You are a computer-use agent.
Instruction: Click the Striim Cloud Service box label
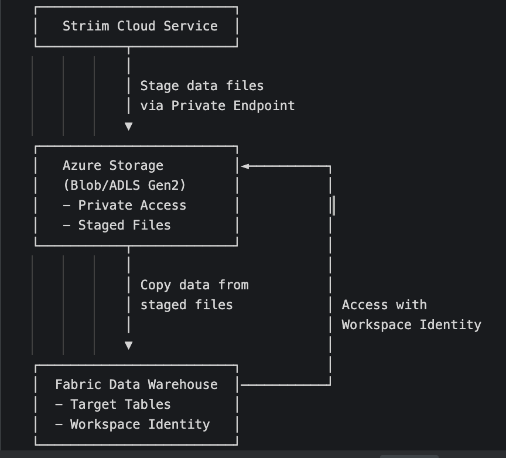[x=140, y=26]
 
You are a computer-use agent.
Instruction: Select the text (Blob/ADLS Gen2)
[x=124, y=186]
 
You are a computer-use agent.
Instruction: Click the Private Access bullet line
[x=124, y=206]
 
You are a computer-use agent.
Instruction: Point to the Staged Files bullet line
[x=117, y=225]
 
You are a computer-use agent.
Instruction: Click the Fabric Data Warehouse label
[x=136, y=385]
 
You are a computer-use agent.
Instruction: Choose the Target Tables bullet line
[x=113, y=405]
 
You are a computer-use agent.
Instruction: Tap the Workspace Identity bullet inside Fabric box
[x=132, y=425]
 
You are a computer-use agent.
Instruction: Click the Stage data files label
[x=202, y=86]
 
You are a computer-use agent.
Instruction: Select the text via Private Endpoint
[x=217, y=106]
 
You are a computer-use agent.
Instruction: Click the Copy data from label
[x=194, y=285]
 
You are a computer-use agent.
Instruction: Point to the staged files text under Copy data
[x=186, y=305]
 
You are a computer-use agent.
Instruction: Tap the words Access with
[x=384, y=305]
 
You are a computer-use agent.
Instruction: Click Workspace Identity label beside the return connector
[x=411, y=325]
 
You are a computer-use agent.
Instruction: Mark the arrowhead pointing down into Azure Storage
[x=129, y=126]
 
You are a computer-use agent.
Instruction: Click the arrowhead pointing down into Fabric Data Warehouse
[x=129, y=346]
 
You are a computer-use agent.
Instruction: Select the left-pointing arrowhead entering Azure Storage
[x=245, y=166]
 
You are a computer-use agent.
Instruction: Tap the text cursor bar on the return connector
[x=333, y=206]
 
